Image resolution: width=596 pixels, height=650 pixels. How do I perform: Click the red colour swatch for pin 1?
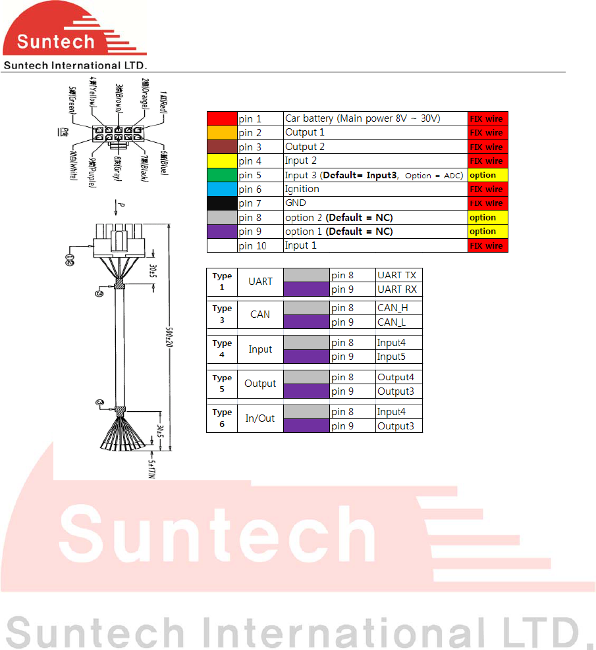pyautogui.click(x=222, y=119)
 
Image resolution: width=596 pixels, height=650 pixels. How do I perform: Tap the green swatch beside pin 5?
pyautogui.click(x=222, y=175)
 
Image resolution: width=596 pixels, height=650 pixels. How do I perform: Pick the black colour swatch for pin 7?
pyautogui.click(x=222, y=203)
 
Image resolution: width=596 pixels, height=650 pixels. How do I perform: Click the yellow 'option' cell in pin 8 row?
pyautogui.click(x=488, y=217)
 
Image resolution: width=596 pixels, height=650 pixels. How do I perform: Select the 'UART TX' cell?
pyautogui.click(x=398, y=275)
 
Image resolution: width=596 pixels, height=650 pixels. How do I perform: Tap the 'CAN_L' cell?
pyautogui.click(x=398, y=322)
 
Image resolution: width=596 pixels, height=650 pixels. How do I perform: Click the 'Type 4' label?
pyautogui.click(x=222, y=349)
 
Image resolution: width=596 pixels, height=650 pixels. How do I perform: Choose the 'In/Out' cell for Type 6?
pyautogui.click(x=260, y=418)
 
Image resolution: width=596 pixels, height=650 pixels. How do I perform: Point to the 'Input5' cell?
pyautogui.click(x=398, y=357)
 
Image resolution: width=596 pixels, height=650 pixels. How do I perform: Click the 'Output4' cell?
pyautogui.click(x=398, y=378)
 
